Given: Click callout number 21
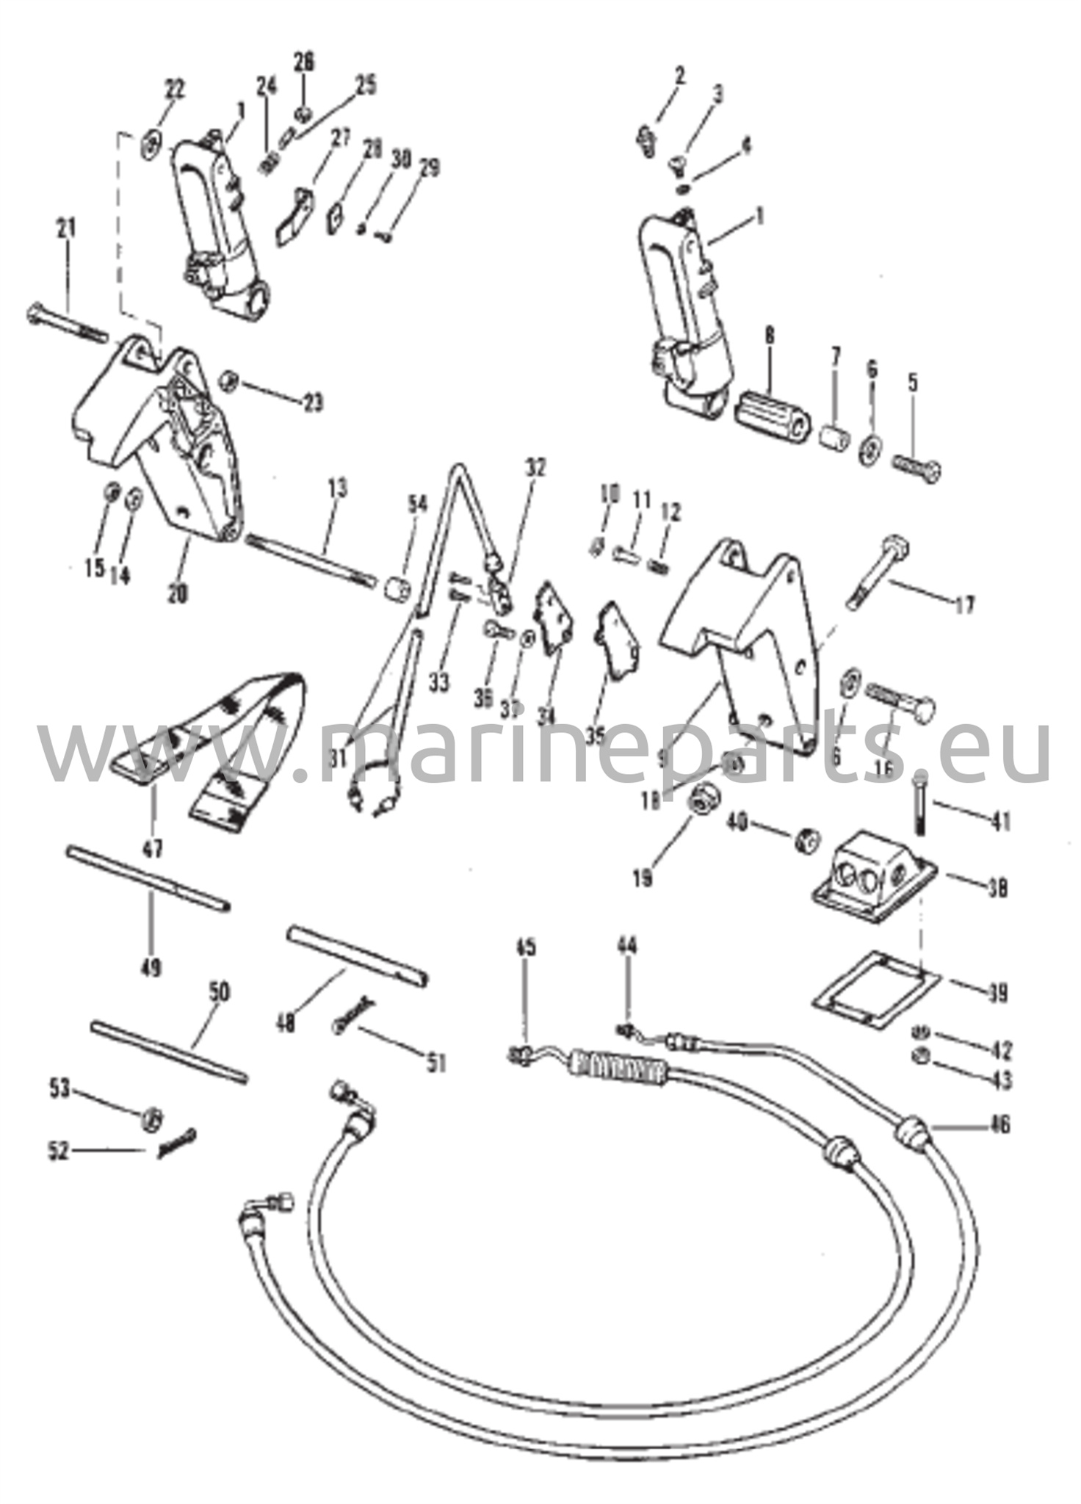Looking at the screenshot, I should click(x=67, y=230).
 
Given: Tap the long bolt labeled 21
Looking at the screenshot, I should click(x=66, y=326).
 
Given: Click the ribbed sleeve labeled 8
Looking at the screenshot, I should click(x=771, y=415).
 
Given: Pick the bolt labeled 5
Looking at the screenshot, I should click(x=918, y=468).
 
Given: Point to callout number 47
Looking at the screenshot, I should click(x=153, y=850).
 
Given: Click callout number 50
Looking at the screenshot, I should click(x=220, y=994).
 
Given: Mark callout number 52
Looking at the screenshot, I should click(x=58, y=1151).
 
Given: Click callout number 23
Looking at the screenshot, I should click(x=312, y=403).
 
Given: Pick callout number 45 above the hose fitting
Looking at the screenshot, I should click(x=525, y=948).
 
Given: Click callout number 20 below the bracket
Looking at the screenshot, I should click(x=177, y=593).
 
